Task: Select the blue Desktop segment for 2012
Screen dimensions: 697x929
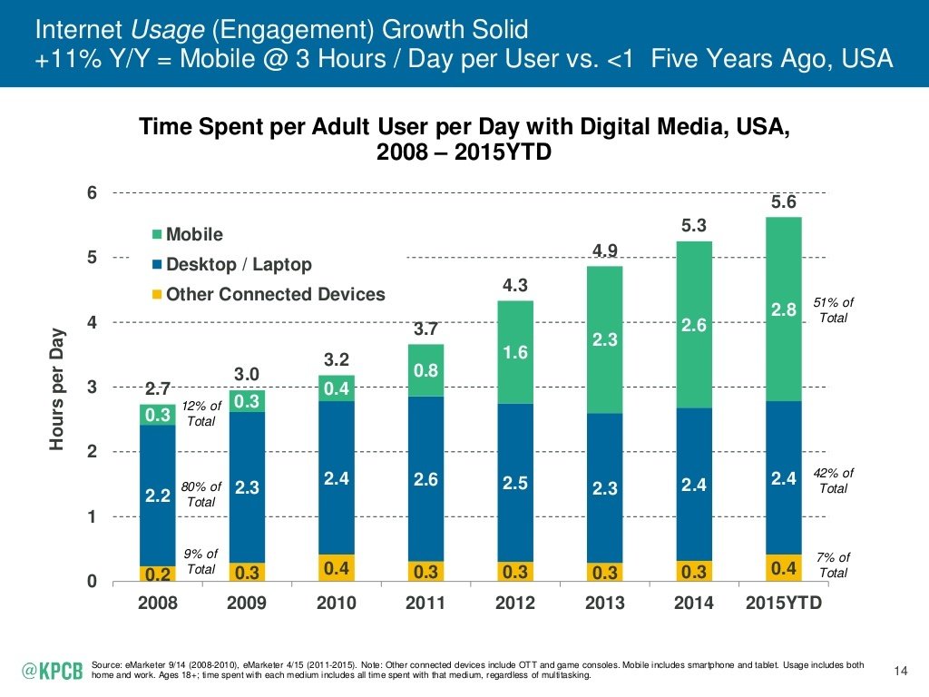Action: (x=514, y=482)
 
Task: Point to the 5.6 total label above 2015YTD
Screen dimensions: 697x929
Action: (x=784, y=203)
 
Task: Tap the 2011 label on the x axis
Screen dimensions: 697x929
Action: (x=425, y=604)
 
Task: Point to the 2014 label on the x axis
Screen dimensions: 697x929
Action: (x=694, y=604)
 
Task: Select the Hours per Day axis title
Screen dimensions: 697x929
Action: (x=59, y=388)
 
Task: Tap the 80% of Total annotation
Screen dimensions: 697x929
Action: (x=200, y=494)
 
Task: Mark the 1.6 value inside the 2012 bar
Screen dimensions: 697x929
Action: (x=515, y=352)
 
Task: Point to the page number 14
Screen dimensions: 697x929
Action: (x=901, y=671)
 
